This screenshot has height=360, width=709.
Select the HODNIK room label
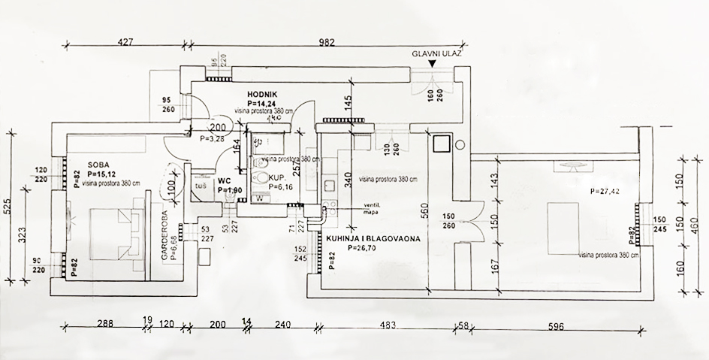tap(264, 94)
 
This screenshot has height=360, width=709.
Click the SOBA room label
tap(100, 164)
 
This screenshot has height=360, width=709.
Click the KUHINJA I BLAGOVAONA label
tap(373, 238)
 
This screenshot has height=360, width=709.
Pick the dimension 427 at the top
tap(125, 43)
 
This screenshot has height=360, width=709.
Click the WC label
tap(224, 181)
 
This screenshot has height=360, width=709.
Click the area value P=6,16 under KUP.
tap(279, 187)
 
